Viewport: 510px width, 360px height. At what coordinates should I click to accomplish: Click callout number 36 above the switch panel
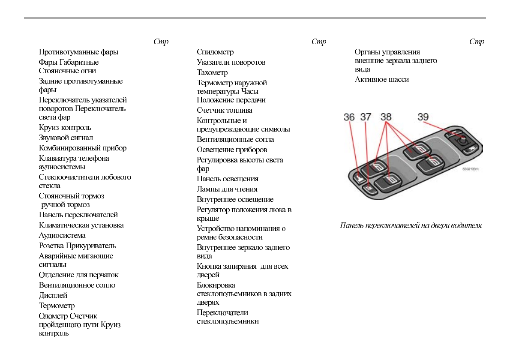click(349, 117)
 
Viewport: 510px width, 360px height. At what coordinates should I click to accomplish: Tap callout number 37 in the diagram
click(366, 117)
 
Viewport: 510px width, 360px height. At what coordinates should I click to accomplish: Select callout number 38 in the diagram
click(386, 117)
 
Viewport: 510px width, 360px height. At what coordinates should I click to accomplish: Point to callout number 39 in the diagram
click(423, 117)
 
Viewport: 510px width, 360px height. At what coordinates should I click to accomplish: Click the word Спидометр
click(215, 52)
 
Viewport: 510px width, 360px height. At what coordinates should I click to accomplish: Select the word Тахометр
click(212, 72)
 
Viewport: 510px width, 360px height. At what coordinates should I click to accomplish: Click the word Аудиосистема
click(62, 235)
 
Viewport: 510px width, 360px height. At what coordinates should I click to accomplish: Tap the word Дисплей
click(53, 295)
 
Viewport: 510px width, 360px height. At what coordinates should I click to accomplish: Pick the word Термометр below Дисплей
click(57, 306)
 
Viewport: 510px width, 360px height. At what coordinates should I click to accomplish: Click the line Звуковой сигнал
click(66, 138)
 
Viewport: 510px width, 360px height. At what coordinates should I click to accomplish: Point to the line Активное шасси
click(381, 79)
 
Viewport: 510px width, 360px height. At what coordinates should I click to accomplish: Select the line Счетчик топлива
click(224, 110)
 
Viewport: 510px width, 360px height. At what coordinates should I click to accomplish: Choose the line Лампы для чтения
click(227, 189)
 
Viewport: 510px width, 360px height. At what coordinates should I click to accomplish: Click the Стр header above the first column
click(161, 42)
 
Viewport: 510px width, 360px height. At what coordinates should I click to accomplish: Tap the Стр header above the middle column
click(318, 42)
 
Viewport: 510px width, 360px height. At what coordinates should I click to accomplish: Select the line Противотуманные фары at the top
click(78, 52)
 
